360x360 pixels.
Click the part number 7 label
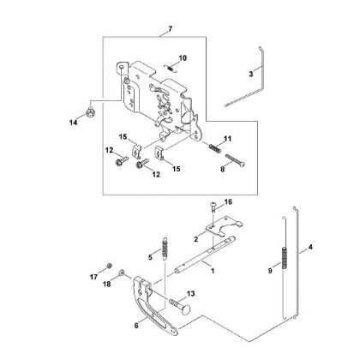[171, 29]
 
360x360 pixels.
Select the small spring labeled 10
[171, 69]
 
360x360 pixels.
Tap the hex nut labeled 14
[91, 111]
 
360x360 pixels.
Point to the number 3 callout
[250, 75]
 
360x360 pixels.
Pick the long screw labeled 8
[235, 160]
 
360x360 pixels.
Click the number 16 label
[228, 202]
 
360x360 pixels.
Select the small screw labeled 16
[214, 207]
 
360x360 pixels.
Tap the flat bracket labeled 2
[224, 226]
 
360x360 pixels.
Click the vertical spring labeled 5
[165, 248]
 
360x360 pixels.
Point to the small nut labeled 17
[109, 266]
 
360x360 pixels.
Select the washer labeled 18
[122, 272]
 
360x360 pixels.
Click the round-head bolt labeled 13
[181, 306]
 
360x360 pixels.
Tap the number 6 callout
[136, 326]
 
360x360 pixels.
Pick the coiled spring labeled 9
[284, 257]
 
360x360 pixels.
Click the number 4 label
[310, 247]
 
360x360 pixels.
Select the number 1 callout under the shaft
[213, 271]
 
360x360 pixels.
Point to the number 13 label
[191, 293]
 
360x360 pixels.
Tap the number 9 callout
[270, 270]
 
